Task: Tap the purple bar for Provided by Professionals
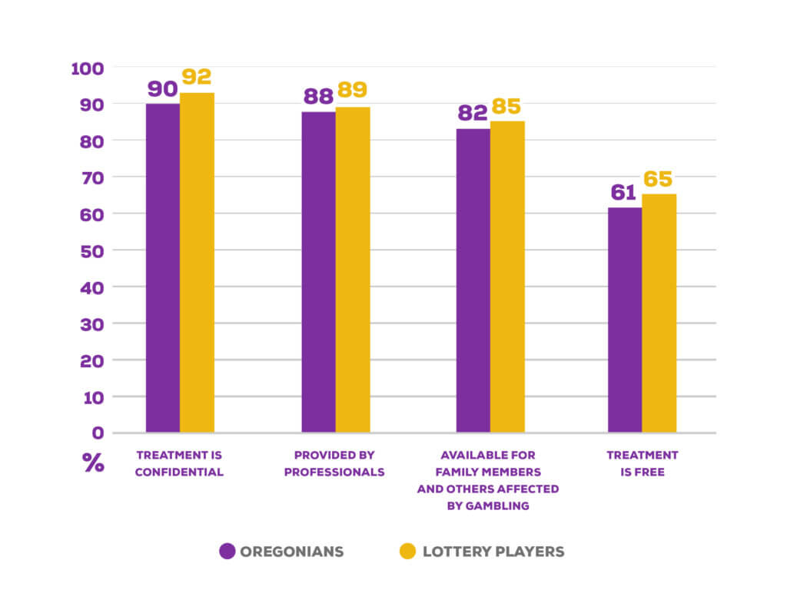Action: pos(318,272)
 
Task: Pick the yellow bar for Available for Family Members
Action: pos(507,277)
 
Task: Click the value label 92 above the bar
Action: pos(197,78)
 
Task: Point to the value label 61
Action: pos(624,194)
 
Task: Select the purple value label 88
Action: pos(317,97)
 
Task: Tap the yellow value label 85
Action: pos(507,107)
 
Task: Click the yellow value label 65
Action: pos(658,180)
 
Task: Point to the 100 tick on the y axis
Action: pos(87,68)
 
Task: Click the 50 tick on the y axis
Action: pos(91,250)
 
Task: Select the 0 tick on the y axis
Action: pos(98,433)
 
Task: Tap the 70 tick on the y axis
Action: pos(91,177)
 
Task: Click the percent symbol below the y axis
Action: pos(93,462)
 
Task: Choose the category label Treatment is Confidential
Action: pos(179,463)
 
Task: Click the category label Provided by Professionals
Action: pos(334,463)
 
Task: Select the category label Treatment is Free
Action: pos(643,463)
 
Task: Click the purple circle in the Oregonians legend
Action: pos(227,551)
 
